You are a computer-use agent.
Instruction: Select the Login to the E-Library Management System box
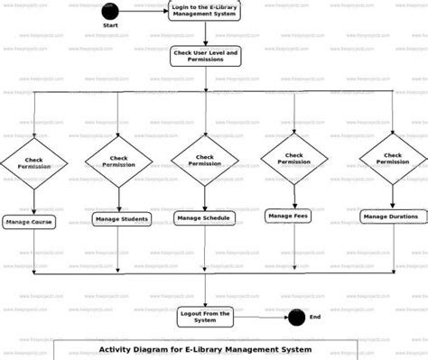click(205, 12)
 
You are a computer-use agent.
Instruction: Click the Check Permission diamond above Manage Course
click(33, 164)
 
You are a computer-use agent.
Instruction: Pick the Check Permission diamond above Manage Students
click(118, 162)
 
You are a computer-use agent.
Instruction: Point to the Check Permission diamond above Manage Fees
click(293, 158)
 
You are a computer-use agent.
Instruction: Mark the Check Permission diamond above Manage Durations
click(394, 158)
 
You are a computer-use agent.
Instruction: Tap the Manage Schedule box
click(204, 217)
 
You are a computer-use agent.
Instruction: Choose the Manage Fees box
click(288, 216)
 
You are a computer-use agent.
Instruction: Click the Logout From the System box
click(205, 316)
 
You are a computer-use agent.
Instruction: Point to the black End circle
click(295, 316)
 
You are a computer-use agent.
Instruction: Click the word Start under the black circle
click(111, 26)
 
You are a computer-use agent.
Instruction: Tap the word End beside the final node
click(315, 317)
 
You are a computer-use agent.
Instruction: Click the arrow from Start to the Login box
click(144, 11)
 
